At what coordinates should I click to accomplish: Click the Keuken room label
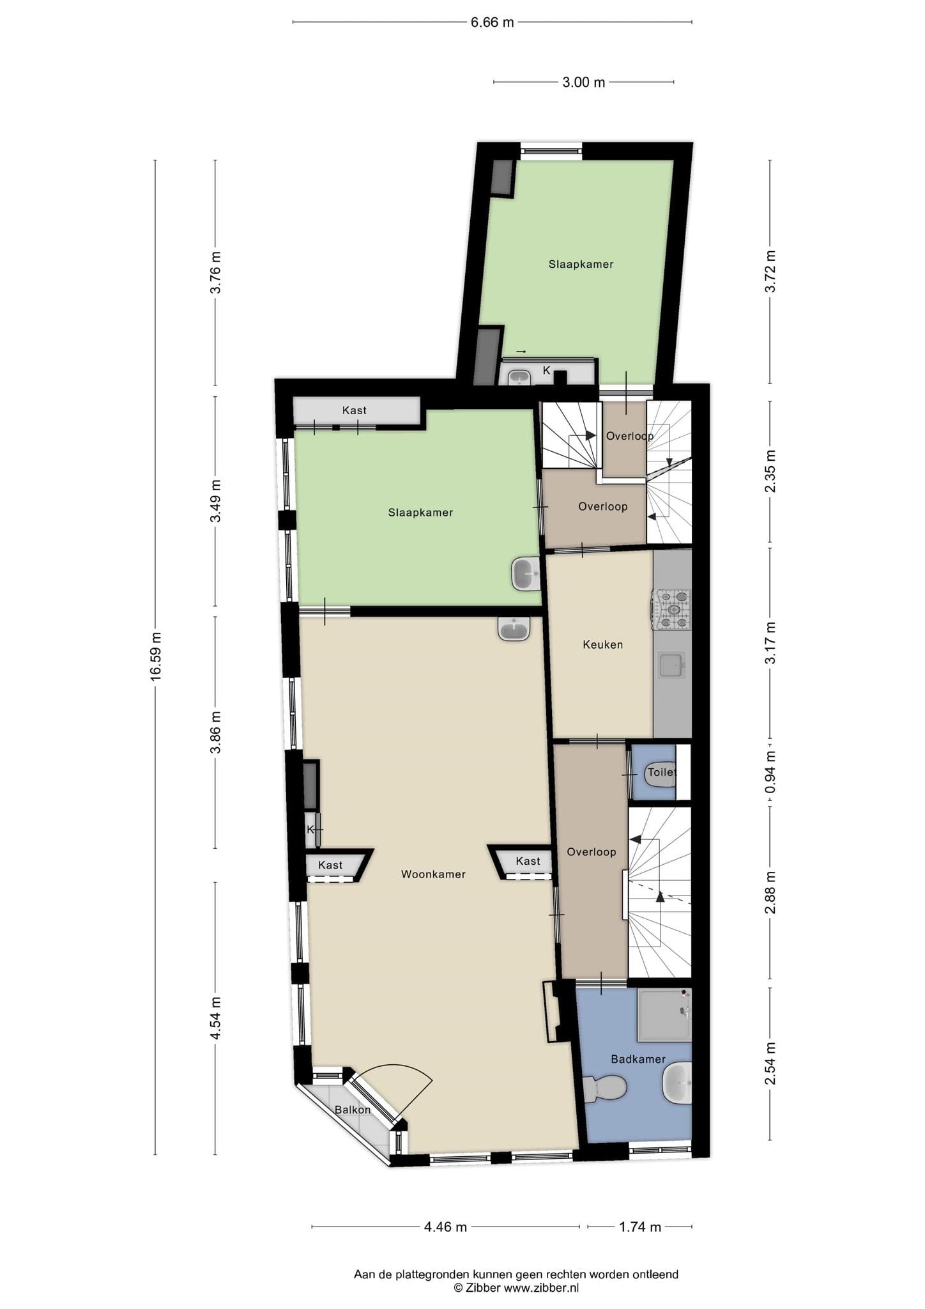click(602, 644)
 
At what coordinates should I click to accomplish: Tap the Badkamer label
click(638, 1059)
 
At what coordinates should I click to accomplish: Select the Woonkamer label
click(433, 874)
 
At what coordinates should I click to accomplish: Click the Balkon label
click(353, 1110)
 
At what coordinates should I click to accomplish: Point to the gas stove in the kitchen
click(671, 609)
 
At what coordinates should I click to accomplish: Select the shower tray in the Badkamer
click(664, 1015)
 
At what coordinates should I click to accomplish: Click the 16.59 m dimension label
click(156, 656)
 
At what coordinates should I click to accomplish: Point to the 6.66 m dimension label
click(492, 22)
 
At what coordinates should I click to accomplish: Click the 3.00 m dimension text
click(583, 82)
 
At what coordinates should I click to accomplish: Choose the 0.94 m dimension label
click(770, 772)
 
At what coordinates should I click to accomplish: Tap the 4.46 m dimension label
click(445, 1227)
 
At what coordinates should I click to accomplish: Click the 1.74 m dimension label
click(640, 1227)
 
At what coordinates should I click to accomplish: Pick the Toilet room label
click(661, 772)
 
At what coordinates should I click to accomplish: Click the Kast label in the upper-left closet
click(354, 410)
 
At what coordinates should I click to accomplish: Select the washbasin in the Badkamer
click(677, 1083)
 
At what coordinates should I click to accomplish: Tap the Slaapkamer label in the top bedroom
click(581, 264)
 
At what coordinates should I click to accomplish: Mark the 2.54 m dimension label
click(770, 1064)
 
